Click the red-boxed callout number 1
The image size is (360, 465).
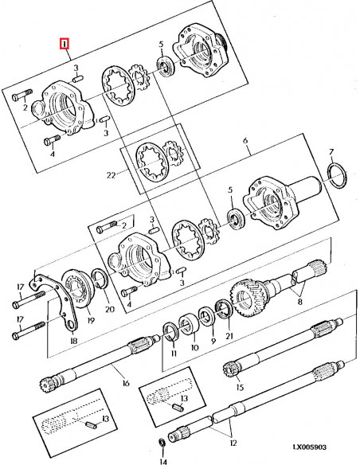pyautogui.click(x=64, y=44)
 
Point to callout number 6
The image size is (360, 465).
pyautogui.click(x=245, y=140)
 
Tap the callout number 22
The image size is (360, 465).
pyautogui.click(x=111, y=175)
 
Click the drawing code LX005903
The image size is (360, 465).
pyautogui.click(x=310, y=447)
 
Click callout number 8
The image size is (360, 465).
pyautogui.click(x=300, y=303)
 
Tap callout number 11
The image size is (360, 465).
pyautogui.click(x=174, y=354)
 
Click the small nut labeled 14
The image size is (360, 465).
pyautogui.click(x=162, y=443)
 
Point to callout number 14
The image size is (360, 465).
pyautogui.click(x=163, y=460)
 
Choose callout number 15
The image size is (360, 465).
pyautogui.click(x=240, y=387)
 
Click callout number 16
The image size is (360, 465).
pyautogui.click(x=126, y=383)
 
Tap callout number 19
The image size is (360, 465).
pyautogui.click(x=91, y=320)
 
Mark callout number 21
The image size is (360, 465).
pyautogui.click(x=229, y=336)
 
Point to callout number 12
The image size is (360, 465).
pyautogui.click(x=233, y=443)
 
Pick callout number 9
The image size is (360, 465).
pyautogui.click(x=213, y=341)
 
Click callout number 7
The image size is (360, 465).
pyautogui.click(x=331, y=152)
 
